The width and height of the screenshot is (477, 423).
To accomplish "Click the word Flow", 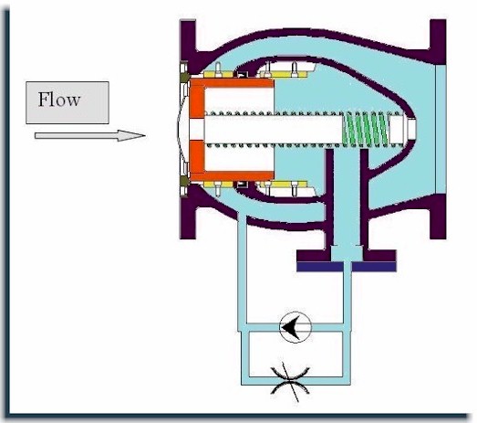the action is click(x=59, y=100).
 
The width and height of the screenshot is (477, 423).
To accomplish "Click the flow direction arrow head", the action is click(x=131, y=135).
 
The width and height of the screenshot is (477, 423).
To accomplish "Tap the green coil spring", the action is click(x=366, y=128).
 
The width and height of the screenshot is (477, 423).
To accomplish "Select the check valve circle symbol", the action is click(x=296, y=327).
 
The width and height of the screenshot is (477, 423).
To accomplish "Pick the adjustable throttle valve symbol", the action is click(x=290, y=380).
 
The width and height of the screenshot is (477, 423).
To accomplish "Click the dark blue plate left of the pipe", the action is click(x=320, y=267).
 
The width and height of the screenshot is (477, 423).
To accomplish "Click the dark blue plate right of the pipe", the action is click(x=374, y=267).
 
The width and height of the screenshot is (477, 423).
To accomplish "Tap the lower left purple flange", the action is click(x=188, y=217).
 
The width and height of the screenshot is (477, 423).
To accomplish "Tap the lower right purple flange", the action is click(x=438, y=217).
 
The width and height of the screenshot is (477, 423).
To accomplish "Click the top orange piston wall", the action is click(x=232, y=83).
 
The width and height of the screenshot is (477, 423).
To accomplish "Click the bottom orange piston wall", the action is click(x=232, y=175).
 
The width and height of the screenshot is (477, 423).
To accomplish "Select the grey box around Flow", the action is click(x=67, y=102).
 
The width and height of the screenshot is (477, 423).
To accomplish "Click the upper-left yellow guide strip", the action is click(x=218, y=75).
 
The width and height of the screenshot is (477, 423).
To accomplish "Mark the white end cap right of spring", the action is click(x=402, y=128).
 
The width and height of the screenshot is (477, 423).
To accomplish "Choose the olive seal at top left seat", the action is click(x=183, y=77).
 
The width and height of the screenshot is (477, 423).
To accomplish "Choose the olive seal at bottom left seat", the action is click(x=183, y=181).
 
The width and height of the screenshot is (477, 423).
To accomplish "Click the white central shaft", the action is click(x=274, y=128).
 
